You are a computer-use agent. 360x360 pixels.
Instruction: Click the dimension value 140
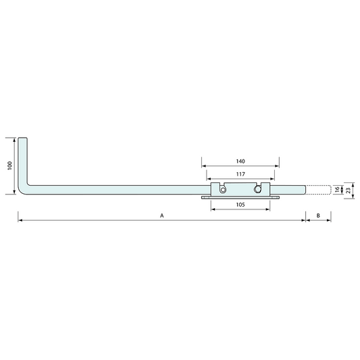tap(240, 161)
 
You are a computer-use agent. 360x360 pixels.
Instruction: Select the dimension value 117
tap(240, 174)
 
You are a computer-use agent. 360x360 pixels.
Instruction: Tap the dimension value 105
tap(240, 205)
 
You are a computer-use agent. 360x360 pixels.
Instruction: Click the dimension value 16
tap(338, 190)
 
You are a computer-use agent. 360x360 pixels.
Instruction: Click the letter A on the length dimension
tap(161, 215)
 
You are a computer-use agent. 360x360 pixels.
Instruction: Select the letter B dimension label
tap(319, 215)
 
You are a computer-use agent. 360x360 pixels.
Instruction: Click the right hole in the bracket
tap(259, 190)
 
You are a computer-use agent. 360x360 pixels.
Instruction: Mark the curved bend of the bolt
tap(25, 189)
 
